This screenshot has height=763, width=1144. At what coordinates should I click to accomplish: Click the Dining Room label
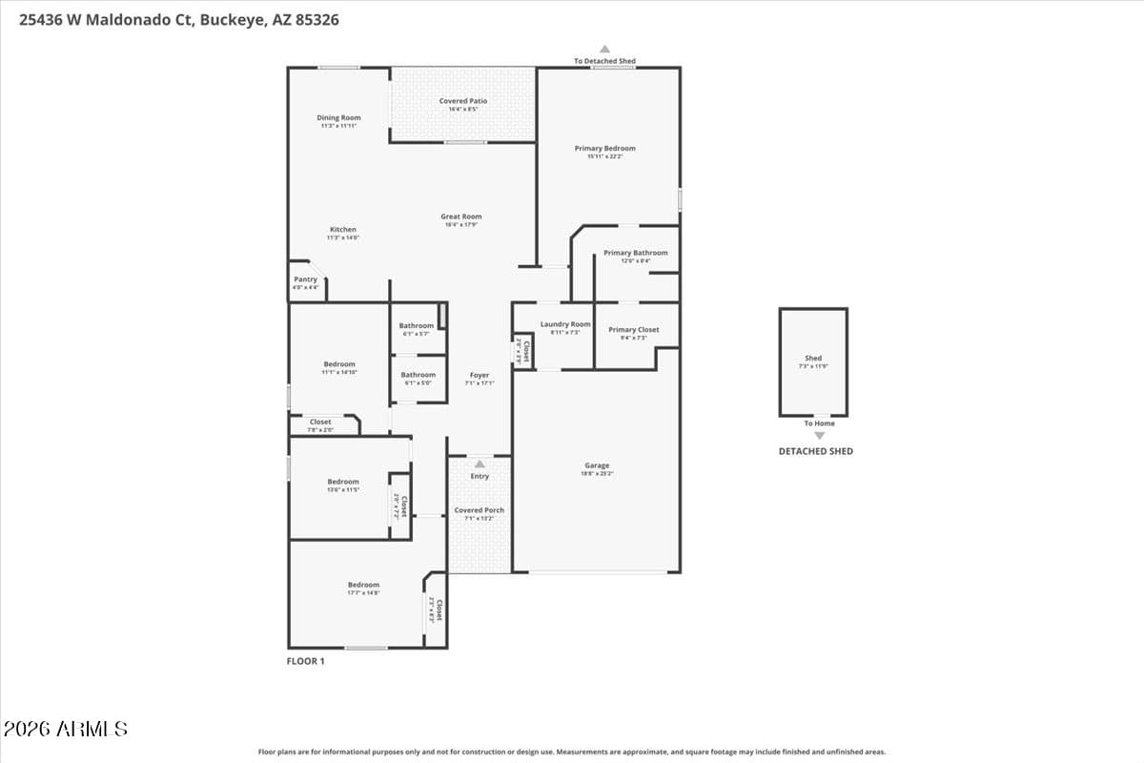[338, 118]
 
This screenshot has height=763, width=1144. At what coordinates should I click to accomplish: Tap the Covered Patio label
[463, 101]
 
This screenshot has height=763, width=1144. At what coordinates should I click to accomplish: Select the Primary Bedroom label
[604, 149]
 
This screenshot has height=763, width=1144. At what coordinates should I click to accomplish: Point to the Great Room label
[460, 217]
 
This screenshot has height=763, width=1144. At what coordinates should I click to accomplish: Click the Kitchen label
[343, 230]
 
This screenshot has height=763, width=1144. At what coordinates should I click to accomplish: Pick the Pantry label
[305, 279]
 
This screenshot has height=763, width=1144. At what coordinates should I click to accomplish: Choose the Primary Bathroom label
[636, 254]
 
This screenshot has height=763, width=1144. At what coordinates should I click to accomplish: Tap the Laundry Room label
[565, 324]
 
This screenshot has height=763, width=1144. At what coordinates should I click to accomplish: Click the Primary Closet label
[634, 330]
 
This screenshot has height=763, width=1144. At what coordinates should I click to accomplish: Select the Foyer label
[479, 376]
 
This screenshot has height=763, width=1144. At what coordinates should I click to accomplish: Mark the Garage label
[597, 466]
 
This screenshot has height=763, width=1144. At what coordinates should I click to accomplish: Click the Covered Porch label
[480, 510]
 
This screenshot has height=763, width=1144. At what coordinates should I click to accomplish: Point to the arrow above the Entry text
[480, 464]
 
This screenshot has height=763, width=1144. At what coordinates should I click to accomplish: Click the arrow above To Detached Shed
[604, 49]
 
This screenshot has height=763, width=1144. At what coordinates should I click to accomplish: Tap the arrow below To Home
[819, 435]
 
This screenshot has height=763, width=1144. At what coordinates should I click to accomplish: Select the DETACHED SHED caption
[815, 451]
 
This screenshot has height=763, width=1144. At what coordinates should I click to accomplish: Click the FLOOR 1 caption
[306, 661]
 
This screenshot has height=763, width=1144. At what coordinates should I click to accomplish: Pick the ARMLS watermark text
[65, 730]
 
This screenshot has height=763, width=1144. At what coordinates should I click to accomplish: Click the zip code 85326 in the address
[316, 19]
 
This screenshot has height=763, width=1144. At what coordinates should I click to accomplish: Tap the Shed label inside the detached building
[813, 359]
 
